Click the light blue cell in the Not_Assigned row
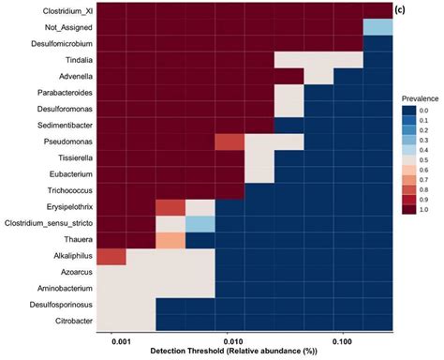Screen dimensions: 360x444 click(377, 28)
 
